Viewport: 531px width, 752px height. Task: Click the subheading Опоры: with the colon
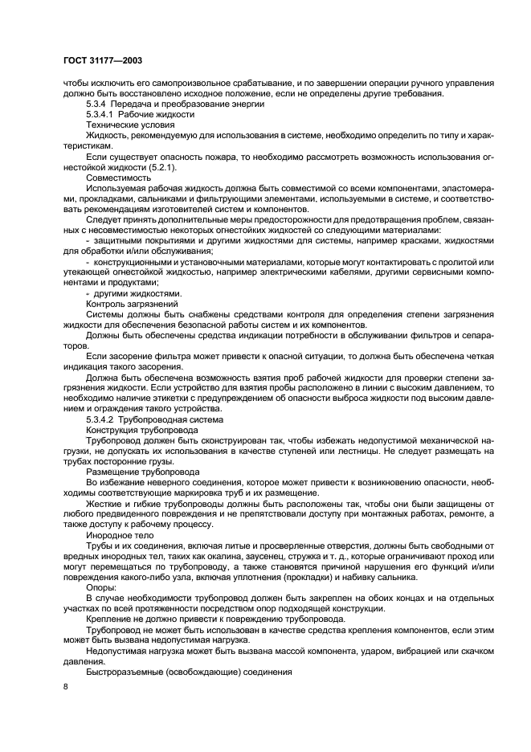[x=101, y=587]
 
